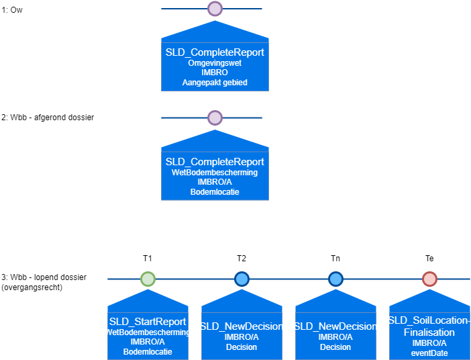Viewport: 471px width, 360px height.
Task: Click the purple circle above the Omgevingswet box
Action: [x=215, y=9]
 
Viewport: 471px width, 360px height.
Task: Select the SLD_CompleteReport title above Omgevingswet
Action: [x=215, y=52]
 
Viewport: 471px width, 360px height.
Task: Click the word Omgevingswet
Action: [x=215, y=63]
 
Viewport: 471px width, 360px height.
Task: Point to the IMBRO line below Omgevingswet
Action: [x=215, y=73]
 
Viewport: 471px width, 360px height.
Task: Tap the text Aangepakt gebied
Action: [x=215, y=83]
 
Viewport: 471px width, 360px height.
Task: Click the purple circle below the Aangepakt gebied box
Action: [x=215, y=118]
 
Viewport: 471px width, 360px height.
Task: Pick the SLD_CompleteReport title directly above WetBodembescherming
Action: [x=215, y=162]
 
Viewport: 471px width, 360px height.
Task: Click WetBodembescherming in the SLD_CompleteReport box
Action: [x=215, y=173]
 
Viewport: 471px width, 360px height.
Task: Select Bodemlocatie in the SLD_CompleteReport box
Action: [x=215, y=192]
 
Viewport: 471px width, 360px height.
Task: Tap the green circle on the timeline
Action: [x=148, y=279]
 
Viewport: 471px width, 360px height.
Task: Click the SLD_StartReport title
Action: [x=148, y=322]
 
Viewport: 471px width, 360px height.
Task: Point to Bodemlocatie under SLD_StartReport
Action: [x=148, y=351]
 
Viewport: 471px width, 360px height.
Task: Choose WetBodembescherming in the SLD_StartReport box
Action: [x=148, y=332]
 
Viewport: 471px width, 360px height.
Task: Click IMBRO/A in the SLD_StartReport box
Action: [x=148, y=342]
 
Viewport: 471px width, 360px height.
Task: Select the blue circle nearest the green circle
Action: [x=242, y=279]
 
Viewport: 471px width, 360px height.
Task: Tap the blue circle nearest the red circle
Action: [x=335, y=279]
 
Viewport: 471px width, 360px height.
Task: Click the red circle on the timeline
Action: [x=429, y=279]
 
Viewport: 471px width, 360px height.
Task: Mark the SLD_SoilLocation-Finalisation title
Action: [x=429, y=326]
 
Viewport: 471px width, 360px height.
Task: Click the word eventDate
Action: [x=429, y=353]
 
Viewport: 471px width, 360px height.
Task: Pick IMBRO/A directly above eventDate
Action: [x=429, y=343]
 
